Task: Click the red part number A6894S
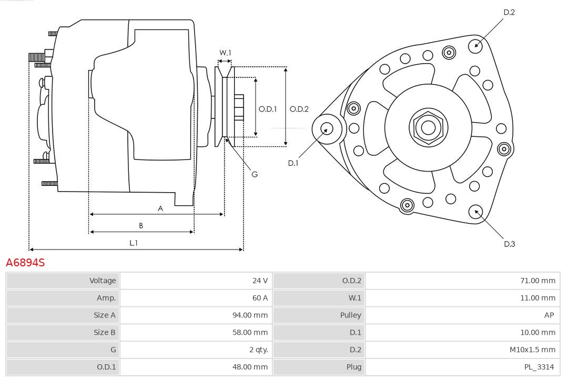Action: [25, 262]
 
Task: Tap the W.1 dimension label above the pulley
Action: [225, 53]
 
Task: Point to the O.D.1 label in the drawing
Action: [268, 109]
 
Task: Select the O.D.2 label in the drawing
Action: [299, 109]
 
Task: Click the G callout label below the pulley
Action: [255, 174]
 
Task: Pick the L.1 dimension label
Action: [134, 243]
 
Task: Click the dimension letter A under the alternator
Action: [160, 208]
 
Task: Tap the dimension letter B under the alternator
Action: [141, 226]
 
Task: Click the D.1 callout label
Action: [293, 163]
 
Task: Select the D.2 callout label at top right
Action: [509, 12]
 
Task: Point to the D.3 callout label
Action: [509, 244]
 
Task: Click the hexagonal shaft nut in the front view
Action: [428, 127]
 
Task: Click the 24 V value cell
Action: [260, 281]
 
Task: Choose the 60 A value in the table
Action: [260, 298]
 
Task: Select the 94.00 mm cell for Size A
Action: [250, 315]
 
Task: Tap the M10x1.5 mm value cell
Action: [532, 350]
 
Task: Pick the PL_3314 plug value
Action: [539, 367]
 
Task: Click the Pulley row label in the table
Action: [351, 315]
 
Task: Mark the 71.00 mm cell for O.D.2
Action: [537, 281]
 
